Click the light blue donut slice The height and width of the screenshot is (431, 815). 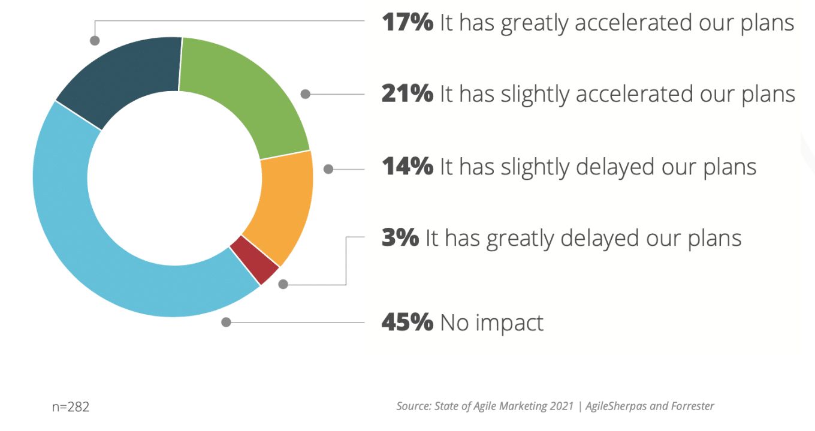tap(90, 240)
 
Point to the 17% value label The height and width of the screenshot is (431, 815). tap(407, 23)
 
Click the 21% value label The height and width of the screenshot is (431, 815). tap(407, 94)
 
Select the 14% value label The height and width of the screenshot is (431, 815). tap(407, 166)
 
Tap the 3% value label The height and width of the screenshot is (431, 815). tap(400, 238)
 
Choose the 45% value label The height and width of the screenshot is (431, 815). tap(407, 323)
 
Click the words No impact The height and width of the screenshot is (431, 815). tap(492, 323)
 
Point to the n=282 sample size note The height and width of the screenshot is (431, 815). tap(71, 407)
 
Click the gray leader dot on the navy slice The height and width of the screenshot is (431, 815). tap(94, 41)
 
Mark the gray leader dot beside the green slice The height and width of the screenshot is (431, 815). tap(306, 94)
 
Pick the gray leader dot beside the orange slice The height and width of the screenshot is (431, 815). tap(328, 169)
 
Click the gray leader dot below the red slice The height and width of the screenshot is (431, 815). tap(283, 284)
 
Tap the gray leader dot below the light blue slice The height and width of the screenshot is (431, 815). tap(226, 322)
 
